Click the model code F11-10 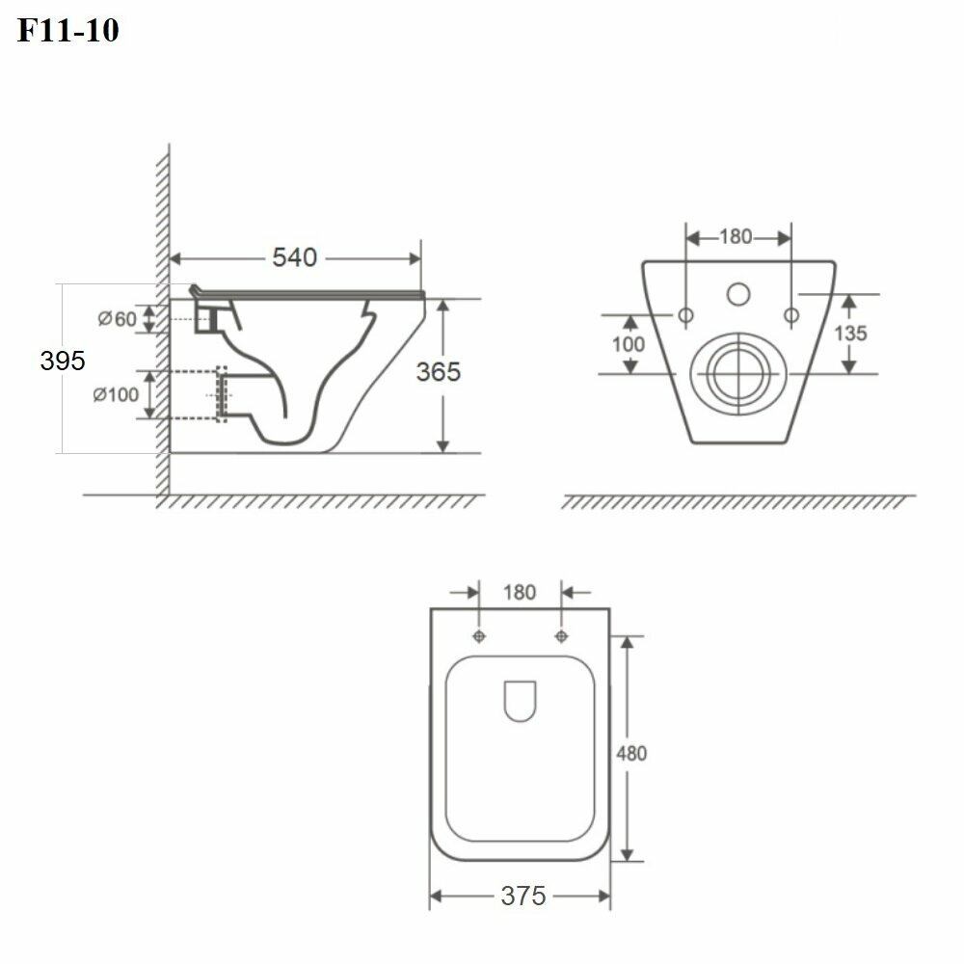pyautogui.click(x=67, y=30)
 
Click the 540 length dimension pyautogui.click(x=294, y=257)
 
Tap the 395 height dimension pyautogui.click(x=62, y=361)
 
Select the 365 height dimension pyautogui.click(x=438, y=371)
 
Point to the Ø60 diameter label pyautogui.click(x=117, y=318)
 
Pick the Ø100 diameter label pyautogui.click(x=116, y=394)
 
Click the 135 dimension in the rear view pyautogui.click(x=850, y=334)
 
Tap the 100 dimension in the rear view pyautogui.click(x=628, y=344)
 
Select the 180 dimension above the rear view pyautogui.click(x=736, y=237)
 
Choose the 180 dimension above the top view pyautogui.click(x=520, y=592)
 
